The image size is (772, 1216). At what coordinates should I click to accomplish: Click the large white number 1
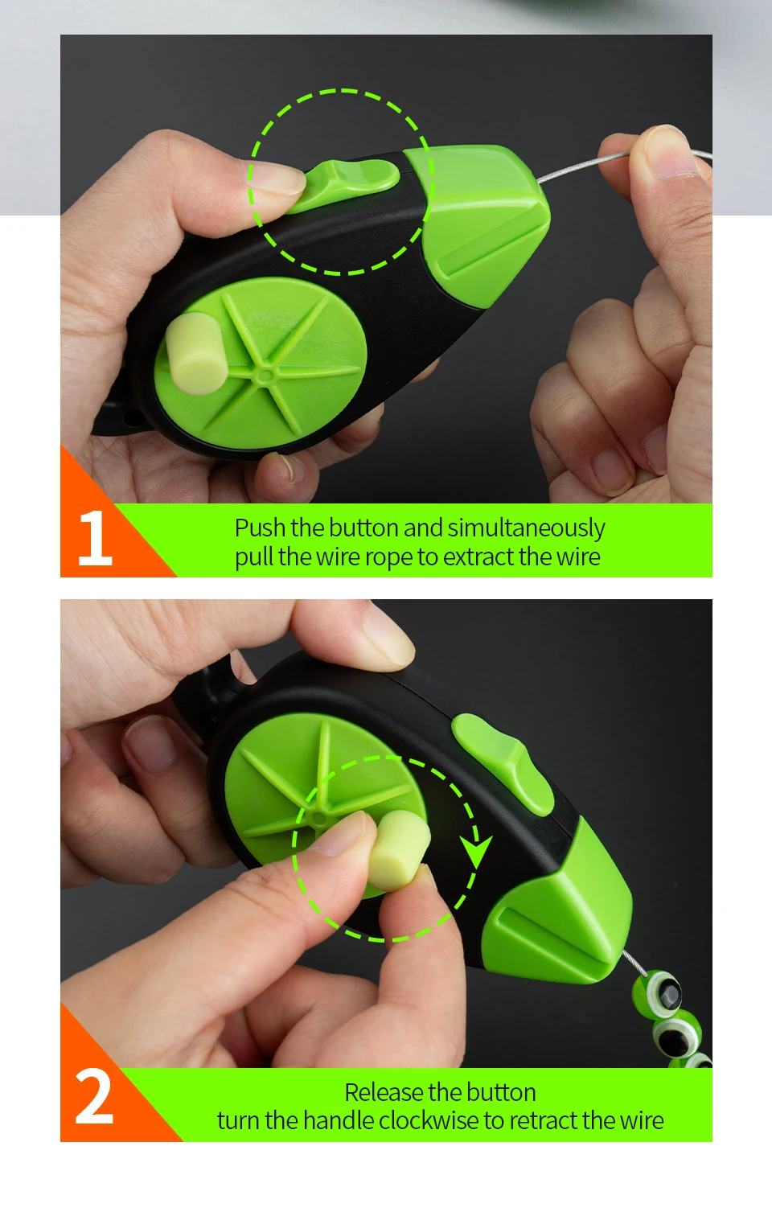[x=96, y=537]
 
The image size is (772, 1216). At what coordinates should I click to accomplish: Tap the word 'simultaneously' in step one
[x=526, y=528]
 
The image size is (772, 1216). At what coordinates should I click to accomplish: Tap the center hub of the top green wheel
[x=265, y=376]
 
